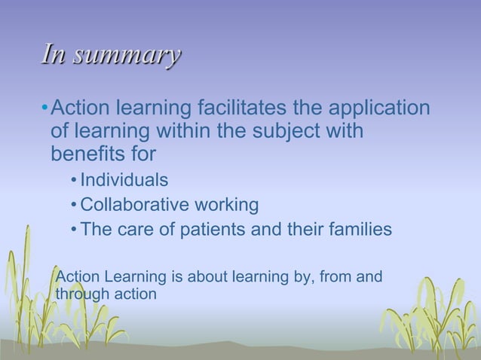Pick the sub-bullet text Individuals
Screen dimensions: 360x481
coord(124,181)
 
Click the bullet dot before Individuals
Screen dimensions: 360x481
coord(72,182)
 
